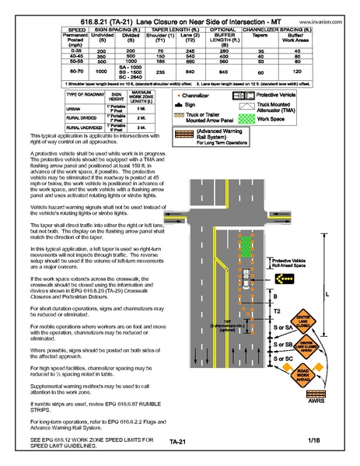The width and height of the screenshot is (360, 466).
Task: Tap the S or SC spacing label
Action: click(284, 359)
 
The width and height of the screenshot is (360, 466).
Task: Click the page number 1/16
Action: click(313, 441)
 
